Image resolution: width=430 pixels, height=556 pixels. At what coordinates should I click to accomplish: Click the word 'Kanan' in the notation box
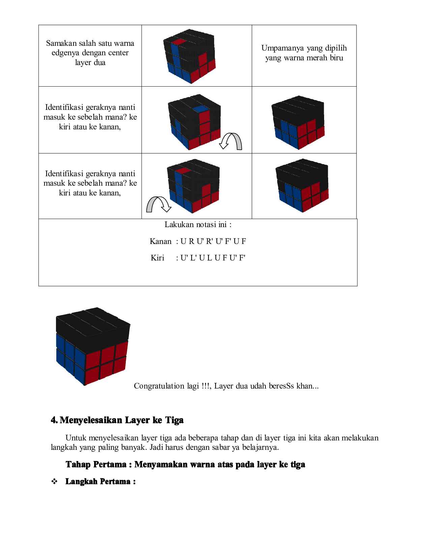(161, 241)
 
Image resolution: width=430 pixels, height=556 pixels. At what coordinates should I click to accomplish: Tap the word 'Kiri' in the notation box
(157, 258)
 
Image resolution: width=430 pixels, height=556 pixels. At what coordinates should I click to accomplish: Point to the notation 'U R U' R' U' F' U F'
(213, 241)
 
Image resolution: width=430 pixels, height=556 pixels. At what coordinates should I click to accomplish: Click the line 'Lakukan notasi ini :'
(198, 225)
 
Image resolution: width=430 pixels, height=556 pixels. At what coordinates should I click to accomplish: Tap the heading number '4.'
(54, 420)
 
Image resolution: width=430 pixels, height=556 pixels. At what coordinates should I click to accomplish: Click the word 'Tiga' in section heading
(174, 420)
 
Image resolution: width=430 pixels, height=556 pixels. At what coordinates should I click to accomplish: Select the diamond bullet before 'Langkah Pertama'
(54, 482)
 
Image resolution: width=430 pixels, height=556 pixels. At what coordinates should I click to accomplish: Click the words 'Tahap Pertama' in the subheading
(95, 464)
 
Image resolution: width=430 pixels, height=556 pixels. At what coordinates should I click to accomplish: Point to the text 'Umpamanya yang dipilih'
(304, 48)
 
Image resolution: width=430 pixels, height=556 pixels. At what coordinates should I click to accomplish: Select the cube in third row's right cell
(302, 188)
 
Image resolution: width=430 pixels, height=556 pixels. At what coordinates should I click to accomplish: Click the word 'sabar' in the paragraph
(246, 447)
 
